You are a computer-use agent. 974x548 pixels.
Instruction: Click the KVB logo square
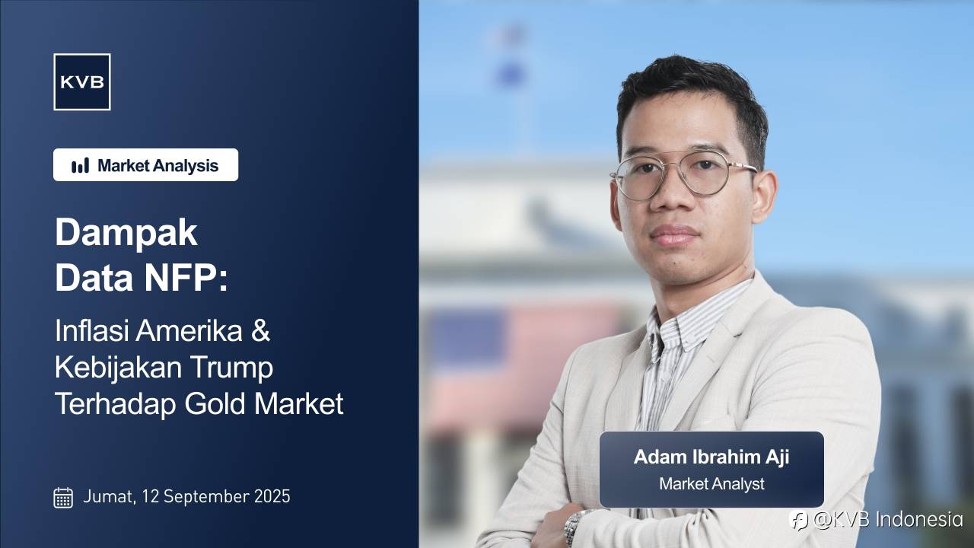point(82,81)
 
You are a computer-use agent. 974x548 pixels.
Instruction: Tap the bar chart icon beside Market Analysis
point(80,165)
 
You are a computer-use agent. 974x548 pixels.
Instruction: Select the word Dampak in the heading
point(126,233)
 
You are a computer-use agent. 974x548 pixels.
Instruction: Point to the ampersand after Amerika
point(260,330)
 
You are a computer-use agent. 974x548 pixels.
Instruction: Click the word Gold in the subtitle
point(215,403)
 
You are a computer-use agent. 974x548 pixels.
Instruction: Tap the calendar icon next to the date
point(63,498)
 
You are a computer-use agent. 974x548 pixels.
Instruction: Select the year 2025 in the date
point(272,496)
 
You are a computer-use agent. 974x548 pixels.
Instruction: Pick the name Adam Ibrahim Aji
point(711,457)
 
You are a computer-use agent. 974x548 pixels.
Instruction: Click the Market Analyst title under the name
point(711,483)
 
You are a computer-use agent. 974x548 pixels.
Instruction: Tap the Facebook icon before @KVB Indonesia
point(798,520)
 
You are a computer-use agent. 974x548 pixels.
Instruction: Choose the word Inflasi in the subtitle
point(92,330)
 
